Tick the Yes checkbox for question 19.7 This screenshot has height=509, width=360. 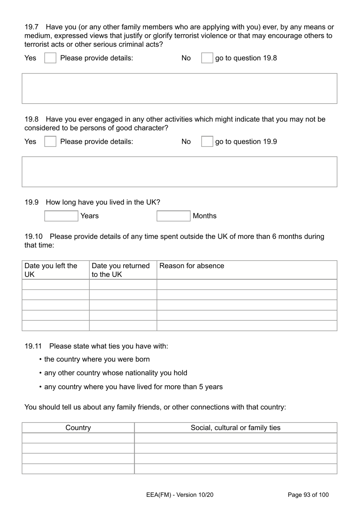pos(50,58)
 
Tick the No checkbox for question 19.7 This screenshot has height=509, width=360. pos(207,58)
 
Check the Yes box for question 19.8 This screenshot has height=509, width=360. pos(50,141)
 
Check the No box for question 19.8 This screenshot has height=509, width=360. pos(207,141)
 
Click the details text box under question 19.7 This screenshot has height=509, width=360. pos(179,88)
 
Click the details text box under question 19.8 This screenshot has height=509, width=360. pos(179,172)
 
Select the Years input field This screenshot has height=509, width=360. pos(61,216)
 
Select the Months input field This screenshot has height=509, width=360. pos(173,216)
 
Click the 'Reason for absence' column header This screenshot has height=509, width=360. pos(192,266)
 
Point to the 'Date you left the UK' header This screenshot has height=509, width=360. pos(51,270)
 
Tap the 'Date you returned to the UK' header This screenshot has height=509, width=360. pos(121,270)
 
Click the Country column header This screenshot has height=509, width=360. pos(78,428)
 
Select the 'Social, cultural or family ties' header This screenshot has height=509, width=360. pos(235,428)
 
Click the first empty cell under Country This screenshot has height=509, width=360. pos(78,438)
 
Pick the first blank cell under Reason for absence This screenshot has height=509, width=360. pos(247,285)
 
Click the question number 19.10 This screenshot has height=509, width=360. pos(33,237)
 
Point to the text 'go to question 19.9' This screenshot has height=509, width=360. pos(246,142)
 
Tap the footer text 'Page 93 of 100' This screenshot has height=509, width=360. pos(308,495)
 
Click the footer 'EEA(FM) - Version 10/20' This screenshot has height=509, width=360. pos(180,495)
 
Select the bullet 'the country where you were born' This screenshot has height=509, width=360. pos(97,359)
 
